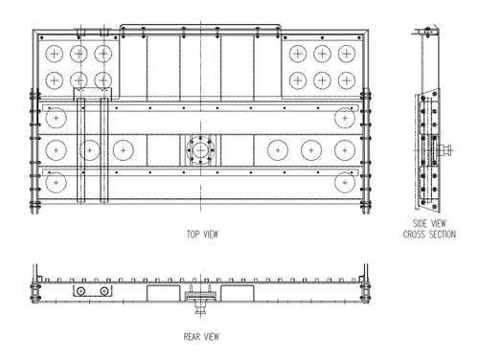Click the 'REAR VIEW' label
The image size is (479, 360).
(x=201, y=337)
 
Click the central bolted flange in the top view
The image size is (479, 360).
(x=200, y=150)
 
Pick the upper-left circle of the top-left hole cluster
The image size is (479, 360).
(x=57, y=53)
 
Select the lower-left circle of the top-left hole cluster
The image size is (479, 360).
(x=57, y=79)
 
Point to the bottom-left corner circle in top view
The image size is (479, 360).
(x=57, y=180)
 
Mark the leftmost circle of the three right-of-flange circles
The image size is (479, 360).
(x=278, y=149)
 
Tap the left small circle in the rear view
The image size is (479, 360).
(x=83, y=291)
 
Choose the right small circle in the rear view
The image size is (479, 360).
(x=103, y=291)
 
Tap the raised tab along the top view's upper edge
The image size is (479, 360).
(x=200, y=29)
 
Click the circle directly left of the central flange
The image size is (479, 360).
(x=122, y=149)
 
